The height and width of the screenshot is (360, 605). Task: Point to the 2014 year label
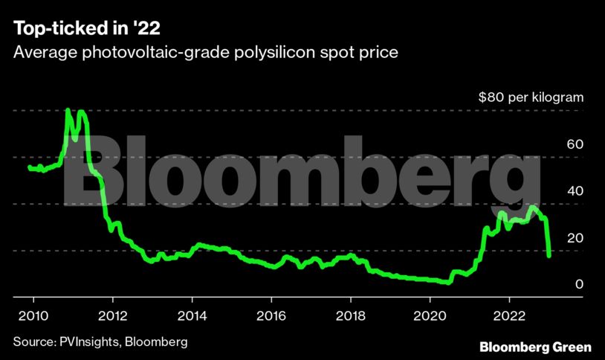point(192,314)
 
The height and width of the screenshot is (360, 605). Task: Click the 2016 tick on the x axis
point(272,314)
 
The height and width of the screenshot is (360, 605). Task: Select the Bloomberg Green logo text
point(535,347)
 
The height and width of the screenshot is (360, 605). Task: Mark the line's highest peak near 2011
point(68,110)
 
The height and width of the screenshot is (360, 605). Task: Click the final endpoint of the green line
point(549,256)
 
